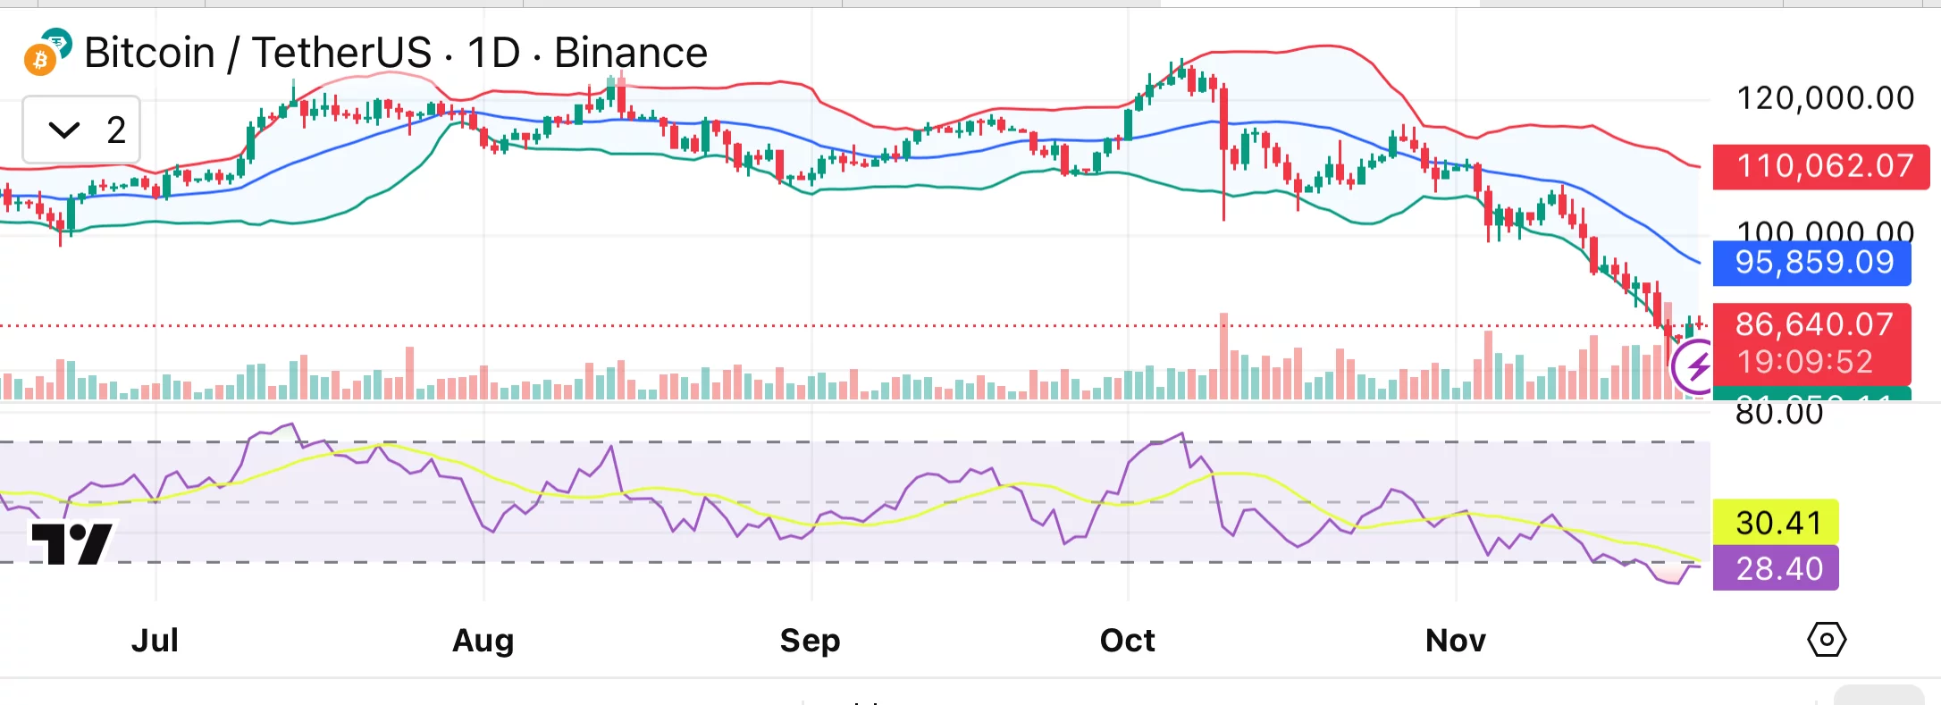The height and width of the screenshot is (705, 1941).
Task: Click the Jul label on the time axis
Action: [x=155, y=640]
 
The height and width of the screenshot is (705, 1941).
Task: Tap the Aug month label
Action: [x=483, y=640]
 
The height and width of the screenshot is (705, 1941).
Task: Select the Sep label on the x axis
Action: [x=810, y=640]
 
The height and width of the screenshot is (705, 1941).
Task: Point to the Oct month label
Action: [x=1127, y=640]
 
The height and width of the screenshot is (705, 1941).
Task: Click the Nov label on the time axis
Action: [x=1455, y=640]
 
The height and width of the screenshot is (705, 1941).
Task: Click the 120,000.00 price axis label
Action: [x=1825, y=98]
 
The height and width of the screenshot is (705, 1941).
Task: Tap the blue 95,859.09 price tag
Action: [x=1813, y=263]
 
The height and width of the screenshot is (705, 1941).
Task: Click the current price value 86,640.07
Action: [x=1813, y=324]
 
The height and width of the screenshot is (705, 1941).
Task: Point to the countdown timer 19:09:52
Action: [x=1804, y=362]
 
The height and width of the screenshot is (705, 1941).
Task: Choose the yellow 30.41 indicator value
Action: [x=1777, y=523]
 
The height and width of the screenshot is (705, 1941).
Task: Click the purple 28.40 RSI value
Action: [x=1777, y=568]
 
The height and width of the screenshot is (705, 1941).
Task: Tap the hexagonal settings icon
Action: [x=1826, y=640]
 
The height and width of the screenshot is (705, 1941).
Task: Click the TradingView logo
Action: [x=71, y=541]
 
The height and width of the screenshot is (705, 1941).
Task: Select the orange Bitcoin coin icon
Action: [x=39, y=60]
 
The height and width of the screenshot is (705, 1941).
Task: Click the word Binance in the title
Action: [x=630, y=53]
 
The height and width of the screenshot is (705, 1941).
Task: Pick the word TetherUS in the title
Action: [x=341, y=53]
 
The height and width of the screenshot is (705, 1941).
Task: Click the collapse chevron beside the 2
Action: [x=64, y=130]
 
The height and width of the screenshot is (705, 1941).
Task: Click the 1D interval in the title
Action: [x=493, y=53]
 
